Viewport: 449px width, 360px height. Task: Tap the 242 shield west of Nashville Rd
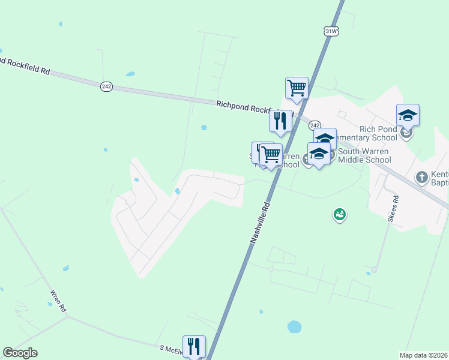click(106, 86)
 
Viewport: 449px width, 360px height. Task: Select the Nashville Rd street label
click(260, 222)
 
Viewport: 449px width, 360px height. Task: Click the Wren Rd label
click(58, 301)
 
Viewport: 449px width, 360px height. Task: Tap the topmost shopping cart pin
click(297, 88)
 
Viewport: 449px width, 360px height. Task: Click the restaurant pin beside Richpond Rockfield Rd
click(280, 121)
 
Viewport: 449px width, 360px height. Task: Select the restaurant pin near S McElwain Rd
click(194, 346)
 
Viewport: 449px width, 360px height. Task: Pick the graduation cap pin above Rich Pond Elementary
click(408, 115)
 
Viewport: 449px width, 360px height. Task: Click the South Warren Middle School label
click(364, 155)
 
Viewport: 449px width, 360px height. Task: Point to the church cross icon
click(422, 177)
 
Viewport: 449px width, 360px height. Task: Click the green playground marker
click(340, 214)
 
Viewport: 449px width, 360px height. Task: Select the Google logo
click(20, 353)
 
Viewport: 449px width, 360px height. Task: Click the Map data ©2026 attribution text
click(423, 355)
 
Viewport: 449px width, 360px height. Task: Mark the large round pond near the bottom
click(294, 326)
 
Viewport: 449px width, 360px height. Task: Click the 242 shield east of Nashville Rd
click(316, 124)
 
